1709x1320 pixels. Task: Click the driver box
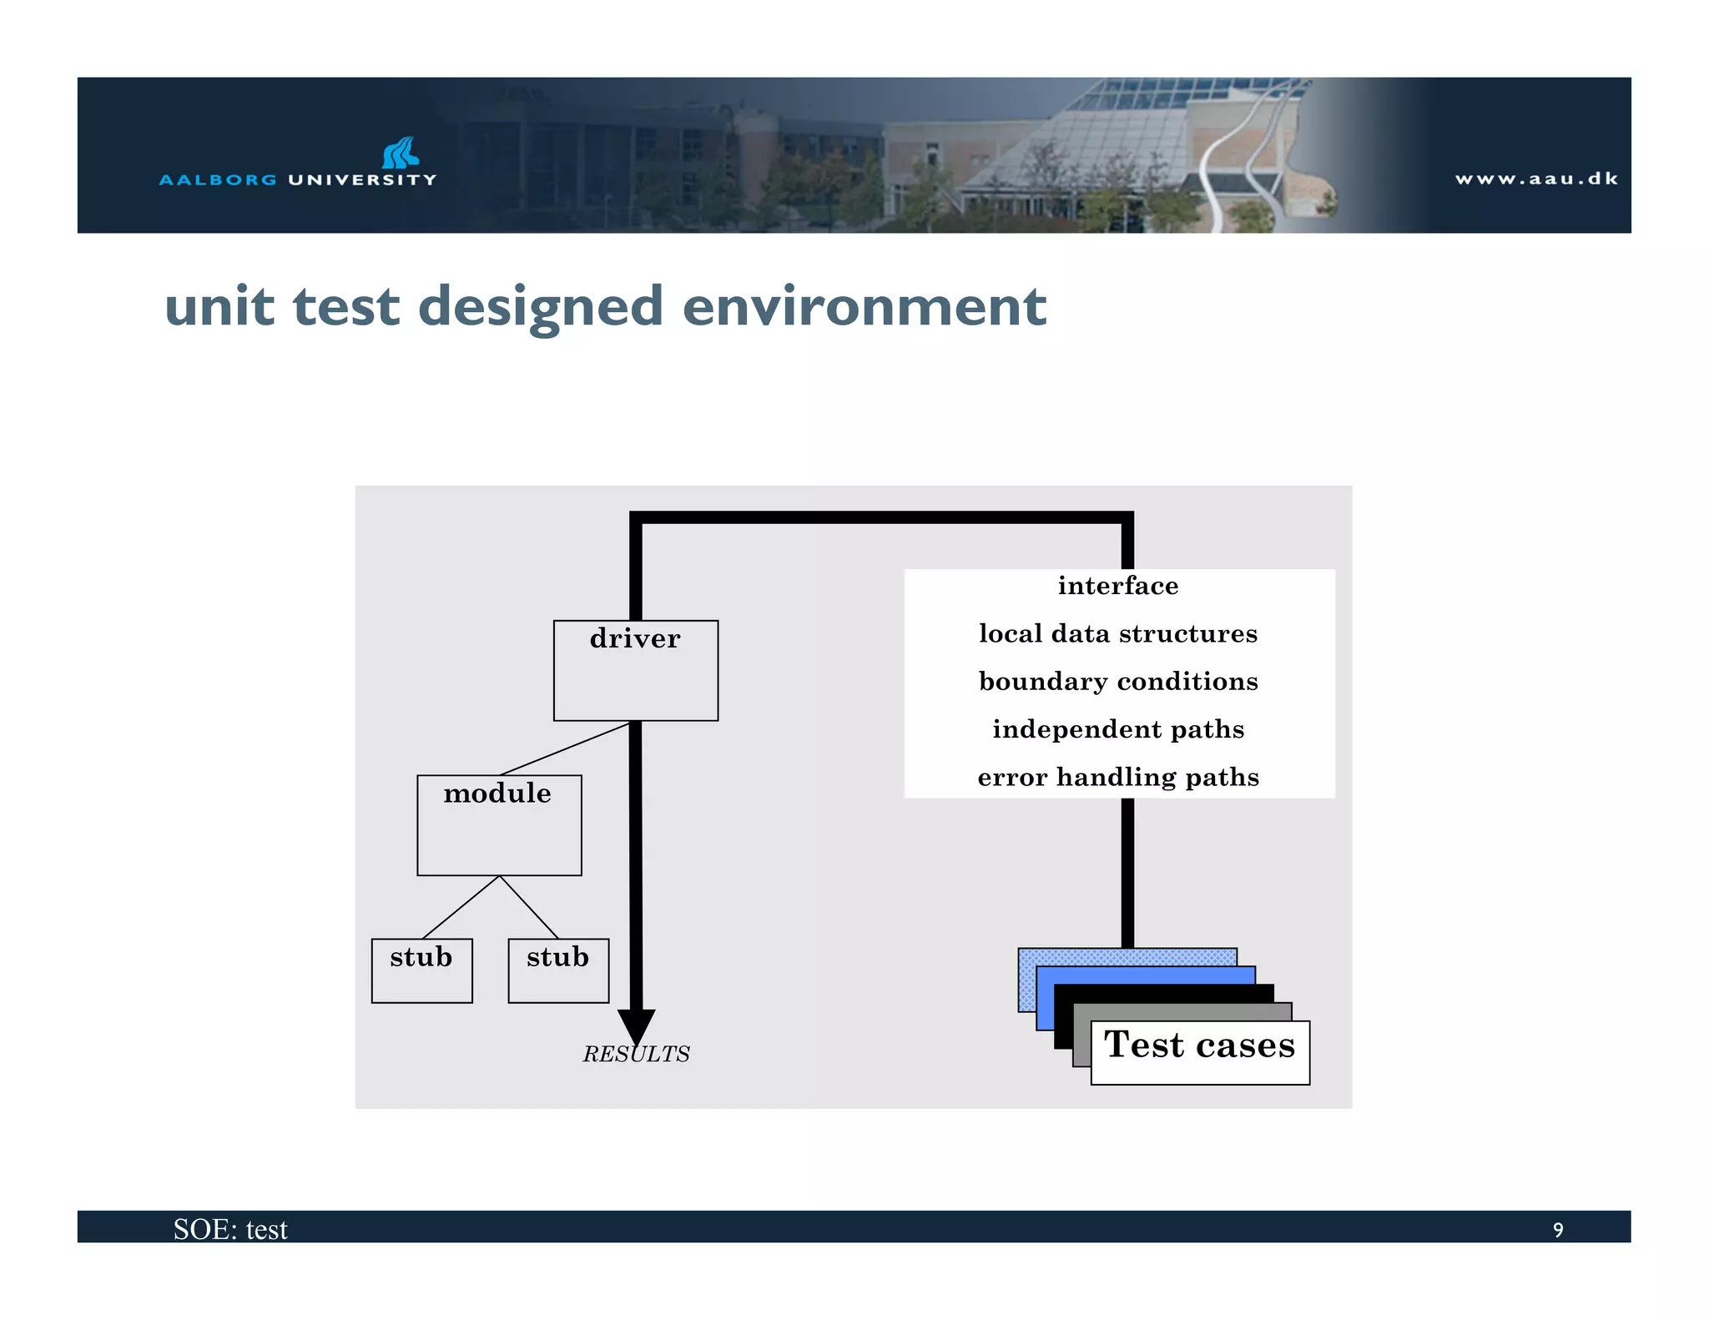point(635,670)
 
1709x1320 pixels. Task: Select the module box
point(499,824)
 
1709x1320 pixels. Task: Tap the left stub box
point(421,970)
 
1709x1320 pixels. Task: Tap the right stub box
point(558,970)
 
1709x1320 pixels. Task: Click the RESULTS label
point(636,1055)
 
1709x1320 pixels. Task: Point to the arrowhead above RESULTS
point(636,1025)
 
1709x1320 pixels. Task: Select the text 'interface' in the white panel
point(1118,586)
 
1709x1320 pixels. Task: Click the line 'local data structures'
point(1118,633)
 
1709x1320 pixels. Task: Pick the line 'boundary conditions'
point(1118,682)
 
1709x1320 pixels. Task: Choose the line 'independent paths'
point(1118,729)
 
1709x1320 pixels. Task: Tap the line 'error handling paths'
point(1118,778)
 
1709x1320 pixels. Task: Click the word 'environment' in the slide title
point(864,306)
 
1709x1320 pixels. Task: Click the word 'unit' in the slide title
point(219,306)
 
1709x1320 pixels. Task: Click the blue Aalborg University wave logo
point(401,153)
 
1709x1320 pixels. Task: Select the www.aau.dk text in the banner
point(1536,179)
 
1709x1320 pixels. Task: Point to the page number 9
point(1557,1230)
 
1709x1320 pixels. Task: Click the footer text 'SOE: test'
point(230,1229)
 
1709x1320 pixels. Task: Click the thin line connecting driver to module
point(565,748)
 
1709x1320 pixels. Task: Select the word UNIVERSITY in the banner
point(362,179)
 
